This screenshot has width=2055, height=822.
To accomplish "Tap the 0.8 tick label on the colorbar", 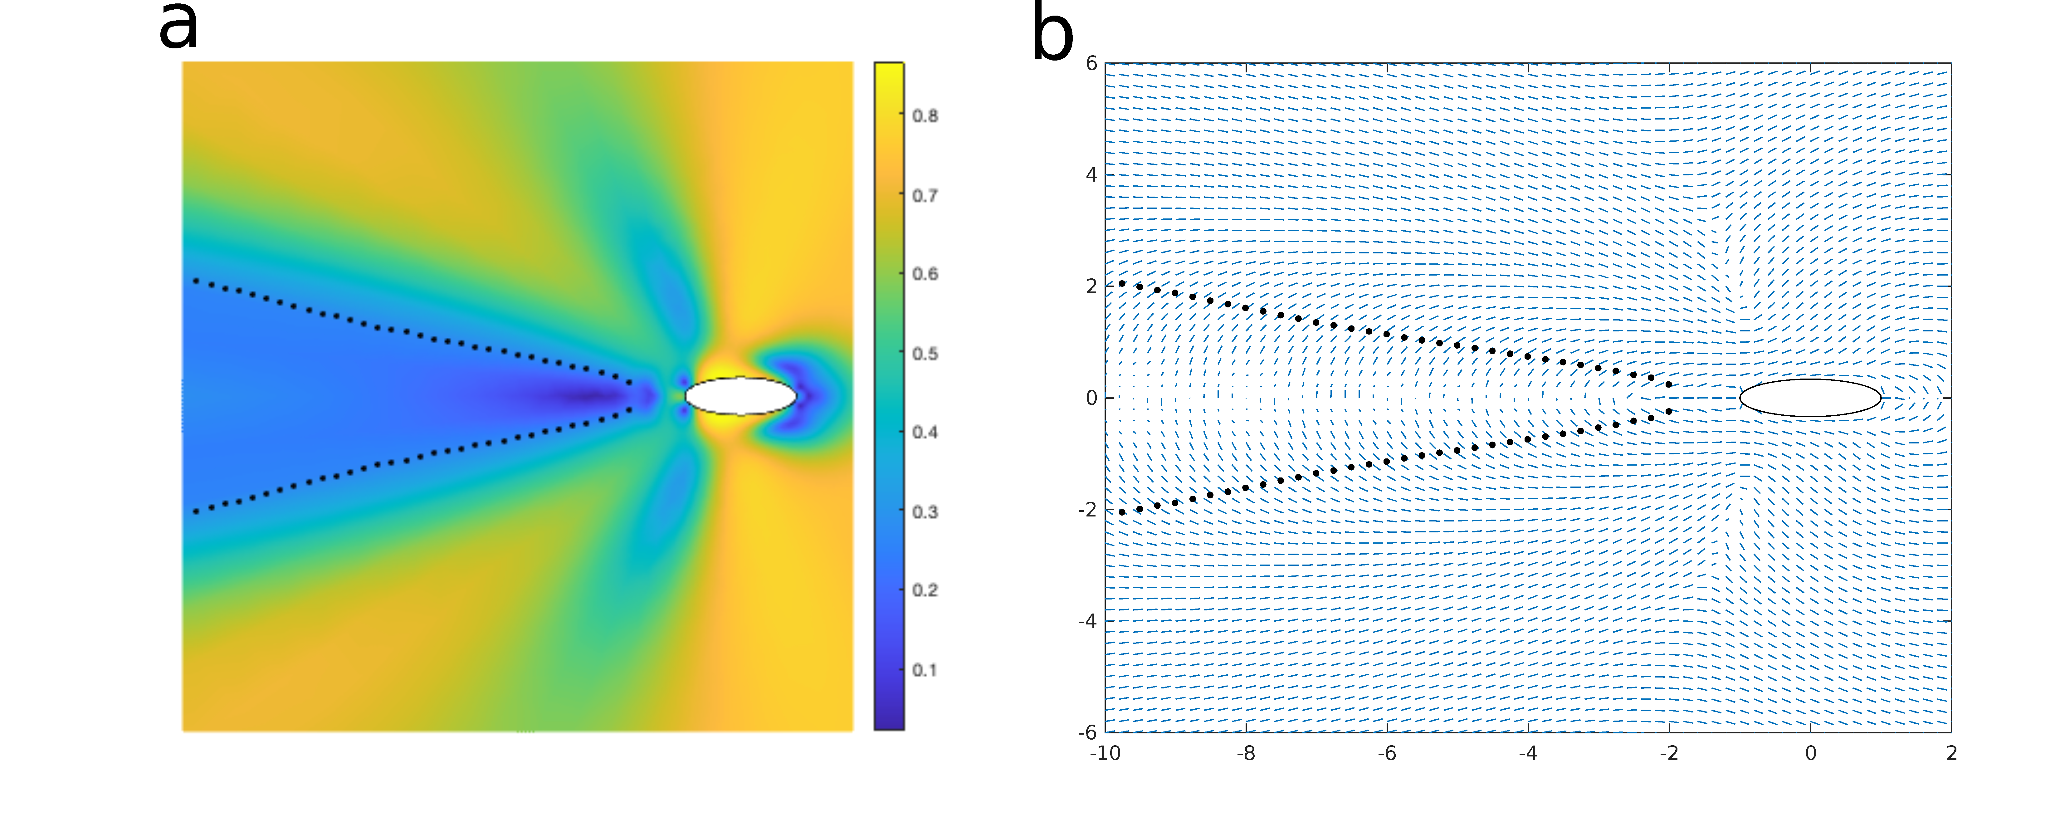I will coord(925,116).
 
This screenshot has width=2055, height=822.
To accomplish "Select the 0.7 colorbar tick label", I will coord(925,196).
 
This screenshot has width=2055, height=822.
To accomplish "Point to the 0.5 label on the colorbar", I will coord(925,354).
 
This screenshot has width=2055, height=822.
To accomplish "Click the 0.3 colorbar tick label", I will coord(925,511).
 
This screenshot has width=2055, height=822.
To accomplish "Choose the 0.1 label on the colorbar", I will coord(925,670).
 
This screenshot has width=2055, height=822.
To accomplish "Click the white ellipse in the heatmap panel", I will coord(740,396).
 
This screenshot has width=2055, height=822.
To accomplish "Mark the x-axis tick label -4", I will coord(1528,753).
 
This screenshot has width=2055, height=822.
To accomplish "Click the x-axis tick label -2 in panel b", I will coord(1669,753).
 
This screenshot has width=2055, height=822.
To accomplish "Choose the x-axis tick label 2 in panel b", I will coord(1951,753).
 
